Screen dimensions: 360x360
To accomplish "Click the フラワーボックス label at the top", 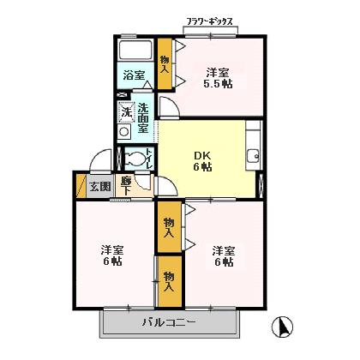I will pyautogui.click(x=210, y=21).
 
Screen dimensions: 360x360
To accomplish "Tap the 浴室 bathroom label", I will pyautogui.click(x=133, y=75).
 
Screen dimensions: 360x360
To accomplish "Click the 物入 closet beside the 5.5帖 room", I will pyautogui.click(x=165, y=63).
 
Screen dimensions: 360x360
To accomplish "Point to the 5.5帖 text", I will pyautogui.click(x=218, y=84).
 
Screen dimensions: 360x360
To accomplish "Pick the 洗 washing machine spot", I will pyautogui.click(x=126, y=111).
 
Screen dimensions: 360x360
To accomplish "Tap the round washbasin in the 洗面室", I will pyautogui.click(x=124, y=131).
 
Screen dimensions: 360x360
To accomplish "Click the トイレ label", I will pyautogui.click(x=149, y=157).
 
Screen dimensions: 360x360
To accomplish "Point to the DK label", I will pyautogui.click(x=201, y=154).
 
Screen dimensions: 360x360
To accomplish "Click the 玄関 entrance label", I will pyautogui.click(x=99, y=186).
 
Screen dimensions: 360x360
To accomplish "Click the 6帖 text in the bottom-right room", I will pyautogui.click(x=224, y=262).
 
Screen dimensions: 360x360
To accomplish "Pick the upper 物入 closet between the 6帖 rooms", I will pyautogui.click(x=169, y=227).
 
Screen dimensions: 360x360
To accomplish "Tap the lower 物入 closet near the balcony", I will pyautogui.click(x=169, y=280).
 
